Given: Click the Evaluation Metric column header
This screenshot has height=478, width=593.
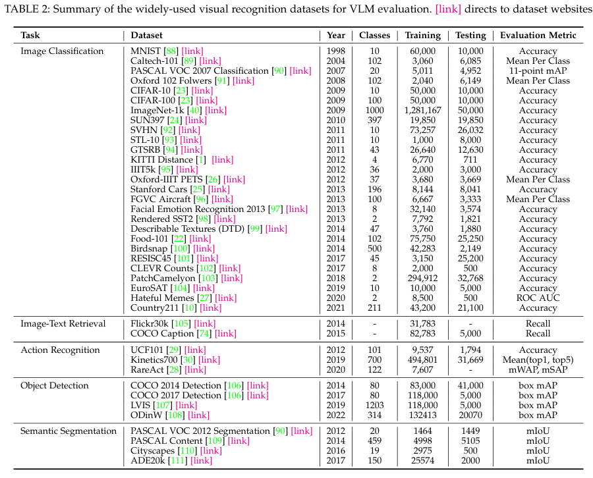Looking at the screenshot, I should pos(538,36).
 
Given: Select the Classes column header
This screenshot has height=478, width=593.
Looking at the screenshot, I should pos(374,36).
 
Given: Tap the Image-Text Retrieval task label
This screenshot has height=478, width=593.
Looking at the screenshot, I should pos(63,324).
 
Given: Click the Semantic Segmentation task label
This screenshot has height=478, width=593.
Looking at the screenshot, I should pos(69,431).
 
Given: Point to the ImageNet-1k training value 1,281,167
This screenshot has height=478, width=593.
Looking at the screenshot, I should pos(424,111).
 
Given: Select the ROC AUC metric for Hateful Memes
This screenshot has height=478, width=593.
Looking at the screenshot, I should pos(538,298).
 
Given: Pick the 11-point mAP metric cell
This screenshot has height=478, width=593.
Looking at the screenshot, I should pos(538,71).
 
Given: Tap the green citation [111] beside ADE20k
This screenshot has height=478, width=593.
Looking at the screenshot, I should pos(178,461).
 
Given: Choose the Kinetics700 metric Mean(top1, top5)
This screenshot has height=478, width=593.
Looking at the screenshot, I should pos(538,360).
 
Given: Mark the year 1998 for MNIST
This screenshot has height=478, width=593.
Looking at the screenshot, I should pos(337,51).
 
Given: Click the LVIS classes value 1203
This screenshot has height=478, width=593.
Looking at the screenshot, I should pos(374,405).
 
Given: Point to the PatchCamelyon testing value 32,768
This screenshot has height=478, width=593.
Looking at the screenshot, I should pos(470,279).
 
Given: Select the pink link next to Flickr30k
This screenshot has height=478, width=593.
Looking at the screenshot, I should pos(205,324).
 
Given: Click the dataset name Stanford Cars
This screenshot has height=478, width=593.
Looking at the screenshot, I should pos(159,190).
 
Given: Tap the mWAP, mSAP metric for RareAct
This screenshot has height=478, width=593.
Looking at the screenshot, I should pos(538,370).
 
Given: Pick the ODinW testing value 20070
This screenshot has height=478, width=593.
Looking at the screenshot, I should pos(470,415).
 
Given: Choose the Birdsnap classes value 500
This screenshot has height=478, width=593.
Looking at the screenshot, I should pos(374,249).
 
